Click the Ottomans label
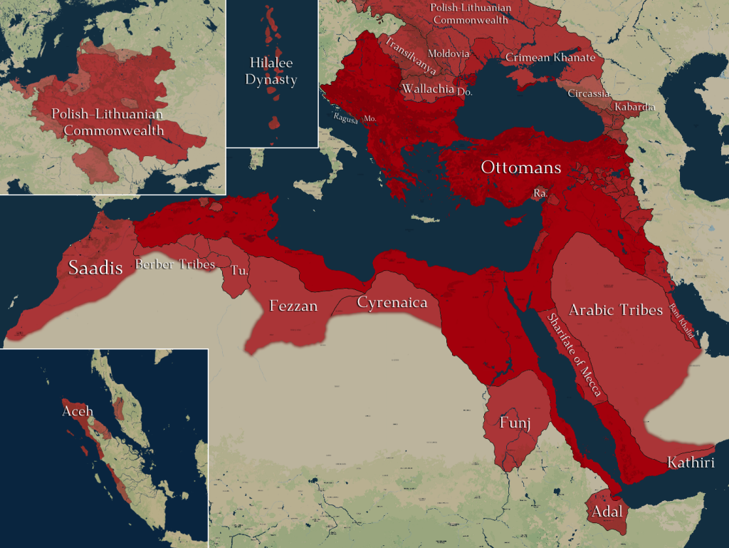pos(521,168)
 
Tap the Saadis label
pos(95,268)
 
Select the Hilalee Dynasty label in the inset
pos(271,71)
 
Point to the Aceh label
pos(78,411)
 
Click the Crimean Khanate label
pos(550,58)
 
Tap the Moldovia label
pos(449,53)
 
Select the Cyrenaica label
pos(392,303)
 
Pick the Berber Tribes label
pos(175,264)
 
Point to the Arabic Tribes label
pos(616,310)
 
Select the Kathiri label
pos(691,462)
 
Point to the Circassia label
pos(589,93)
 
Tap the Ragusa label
pos(346,119)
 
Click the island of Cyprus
pos(514,220)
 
